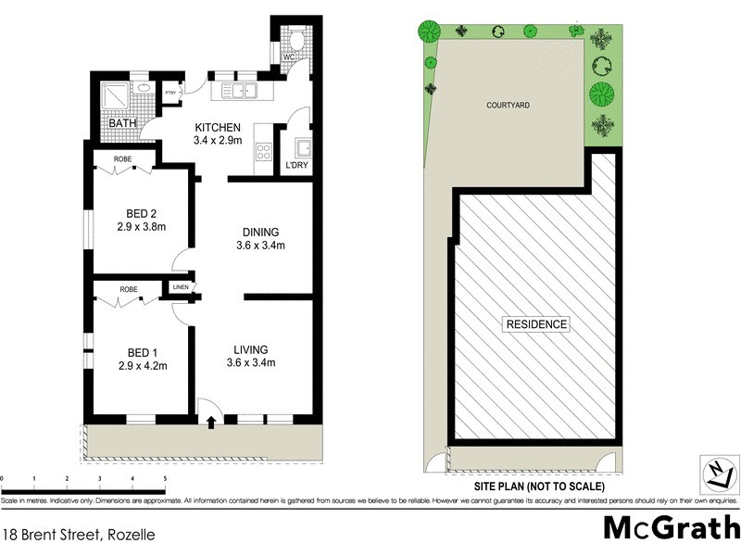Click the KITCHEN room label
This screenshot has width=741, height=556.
(218, 127)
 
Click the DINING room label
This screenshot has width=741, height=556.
(260, 232)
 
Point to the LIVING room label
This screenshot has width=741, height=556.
(251, 348)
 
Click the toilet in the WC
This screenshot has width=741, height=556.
(295, 41)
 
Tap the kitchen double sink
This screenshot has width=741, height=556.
(238, 91)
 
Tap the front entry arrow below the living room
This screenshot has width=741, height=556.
(212, 422)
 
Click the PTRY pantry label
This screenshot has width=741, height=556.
(170, 93)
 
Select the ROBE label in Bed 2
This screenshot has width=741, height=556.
(123, 159)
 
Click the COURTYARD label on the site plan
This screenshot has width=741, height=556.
(509, 106)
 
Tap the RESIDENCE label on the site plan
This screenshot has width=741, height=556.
(536, 324)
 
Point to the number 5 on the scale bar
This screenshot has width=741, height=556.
(165, 478)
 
